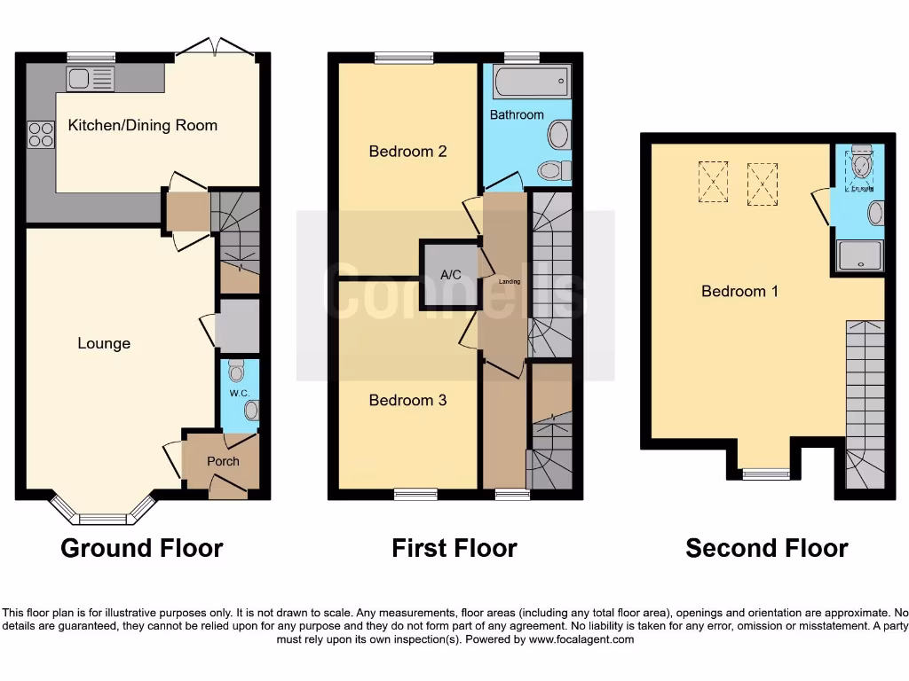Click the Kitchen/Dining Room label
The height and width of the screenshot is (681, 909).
tap(142, 125)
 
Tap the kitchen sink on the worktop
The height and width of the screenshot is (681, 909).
tap(90, 79)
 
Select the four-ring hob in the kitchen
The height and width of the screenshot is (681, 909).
tap(41, 134)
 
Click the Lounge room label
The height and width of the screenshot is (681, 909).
tap(104, 343)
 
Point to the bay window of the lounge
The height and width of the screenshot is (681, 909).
tap(103, 512)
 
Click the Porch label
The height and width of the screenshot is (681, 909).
tap(223, 461)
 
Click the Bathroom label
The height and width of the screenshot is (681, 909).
tap(517, 114)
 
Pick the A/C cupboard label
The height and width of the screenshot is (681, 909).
tap(451, 275)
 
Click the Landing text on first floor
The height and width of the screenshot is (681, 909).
tap(510, 282)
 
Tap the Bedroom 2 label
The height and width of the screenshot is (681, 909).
tap(407, 151)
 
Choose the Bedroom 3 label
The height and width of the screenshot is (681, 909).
tap(407, 400)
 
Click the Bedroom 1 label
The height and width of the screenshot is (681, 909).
tap(739, 291)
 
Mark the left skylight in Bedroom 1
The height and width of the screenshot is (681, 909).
tap(713, 181)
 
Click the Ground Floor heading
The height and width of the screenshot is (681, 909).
tap(141, 548)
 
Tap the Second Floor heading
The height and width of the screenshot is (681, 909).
tap(766, 548)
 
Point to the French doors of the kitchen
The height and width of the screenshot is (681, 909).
tap(217, 50)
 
